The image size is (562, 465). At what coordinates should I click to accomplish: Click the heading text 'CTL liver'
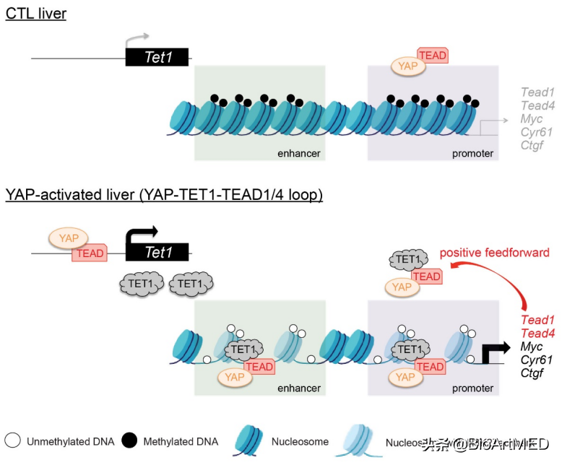coord(36,14)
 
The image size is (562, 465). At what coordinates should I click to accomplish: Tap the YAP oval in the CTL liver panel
coord(408,66)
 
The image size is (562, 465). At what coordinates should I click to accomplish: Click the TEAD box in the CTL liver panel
coord(433,56)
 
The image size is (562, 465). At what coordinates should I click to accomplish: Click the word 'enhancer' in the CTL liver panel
coord(298,154)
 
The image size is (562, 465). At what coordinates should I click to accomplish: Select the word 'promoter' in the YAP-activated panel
coord(472,388)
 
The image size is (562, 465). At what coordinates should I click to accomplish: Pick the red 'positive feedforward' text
coord(495,253)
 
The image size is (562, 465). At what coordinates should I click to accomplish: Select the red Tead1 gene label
coord(537,320)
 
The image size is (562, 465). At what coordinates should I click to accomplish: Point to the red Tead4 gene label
coord(537,333)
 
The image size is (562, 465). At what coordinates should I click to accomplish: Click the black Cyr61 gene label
coord(537,360)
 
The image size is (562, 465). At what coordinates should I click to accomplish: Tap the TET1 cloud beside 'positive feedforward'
coord(407,260)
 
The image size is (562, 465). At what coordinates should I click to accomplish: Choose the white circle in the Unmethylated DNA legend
coord(12,440)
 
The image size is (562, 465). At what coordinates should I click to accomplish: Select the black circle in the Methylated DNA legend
coord(130,440)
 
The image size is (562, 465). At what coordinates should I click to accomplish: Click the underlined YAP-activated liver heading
coord(164,195)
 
